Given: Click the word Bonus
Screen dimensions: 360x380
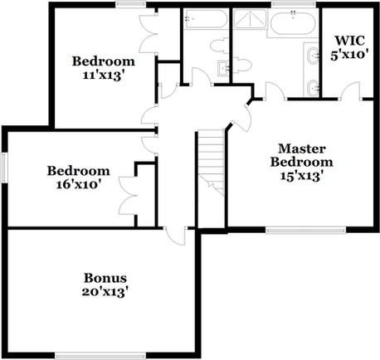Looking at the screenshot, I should [105, 277].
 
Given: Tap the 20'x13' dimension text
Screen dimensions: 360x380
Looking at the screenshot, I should [105, 291].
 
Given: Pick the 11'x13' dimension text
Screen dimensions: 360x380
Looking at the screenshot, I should [103, 75].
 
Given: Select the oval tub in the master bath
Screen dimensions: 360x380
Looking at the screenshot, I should [290, 22].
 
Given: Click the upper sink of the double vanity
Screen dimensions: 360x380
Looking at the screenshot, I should [312, 56].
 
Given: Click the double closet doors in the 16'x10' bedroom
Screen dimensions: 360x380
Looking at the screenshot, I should [126, 195].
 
